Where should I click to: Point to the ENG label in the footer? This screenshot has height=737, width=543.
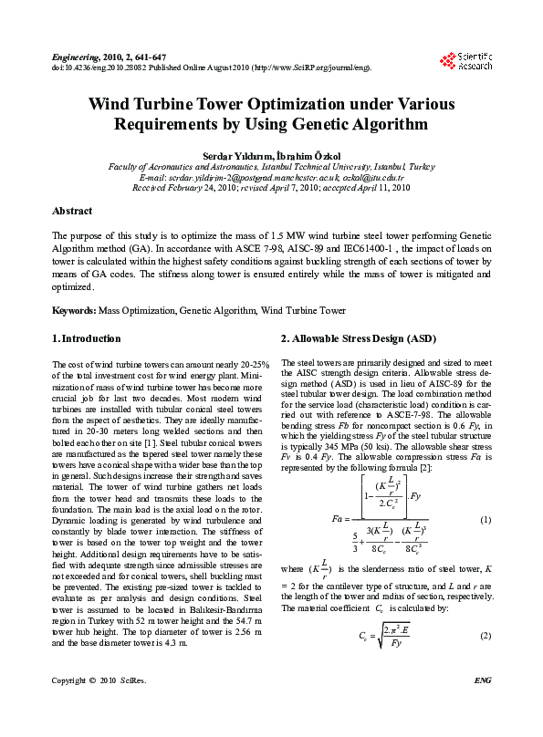[483, 705]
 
